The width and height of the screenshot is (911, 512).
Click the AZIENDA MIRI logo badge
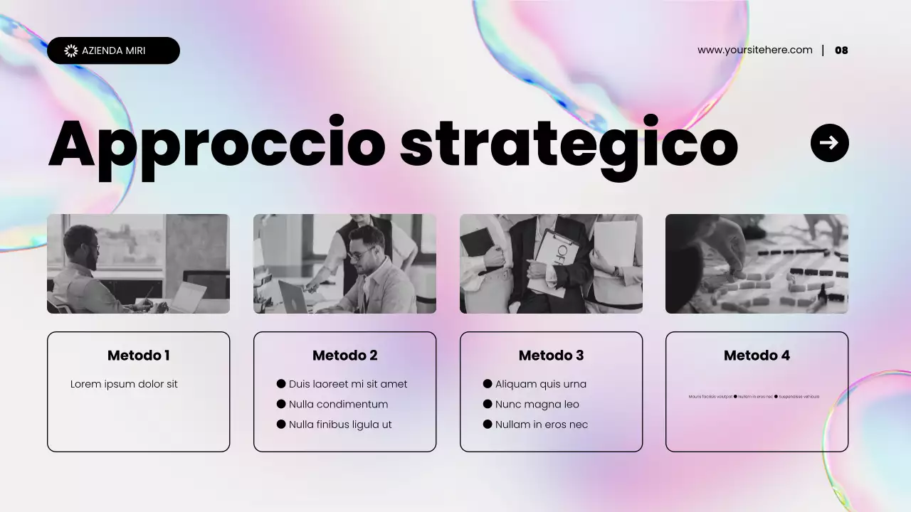click(113, 50)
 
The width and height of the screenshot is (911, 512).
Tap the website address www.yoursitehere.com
click(754, 50)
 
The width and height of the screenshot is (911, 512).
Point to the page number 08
click(841, 50)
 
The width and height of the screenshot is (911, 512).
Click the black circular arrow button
click(829, 143)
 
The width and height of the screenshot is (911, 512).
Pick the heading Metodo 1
click(138, 356)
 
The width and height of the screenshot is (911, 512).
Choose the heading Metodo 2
click(344, 356)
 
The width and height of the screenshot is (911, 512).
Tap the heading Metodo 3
click(551, 356)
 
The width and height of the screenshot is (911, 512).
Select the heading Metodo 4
click(757, 356)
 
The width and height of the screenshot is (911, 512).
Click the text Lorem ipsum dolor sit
click(124, 384)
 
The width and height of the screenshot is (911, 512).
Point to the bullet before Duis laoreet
click(281, 384)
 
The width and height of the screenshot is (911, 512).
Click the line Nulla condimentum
click(338, 405)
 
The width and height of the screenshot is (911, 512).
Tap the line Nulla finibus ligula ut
click(340, 425)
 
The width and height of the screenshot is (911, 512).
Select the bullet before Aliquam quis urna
click(488, 384)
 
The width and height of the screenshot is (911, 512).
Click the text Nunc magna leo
click(537, 405)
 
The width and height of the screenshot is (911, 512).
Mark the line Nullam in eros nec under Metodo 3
click(541, 425)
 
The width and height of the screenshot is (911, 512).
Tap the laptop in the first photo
click(186, 297)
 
